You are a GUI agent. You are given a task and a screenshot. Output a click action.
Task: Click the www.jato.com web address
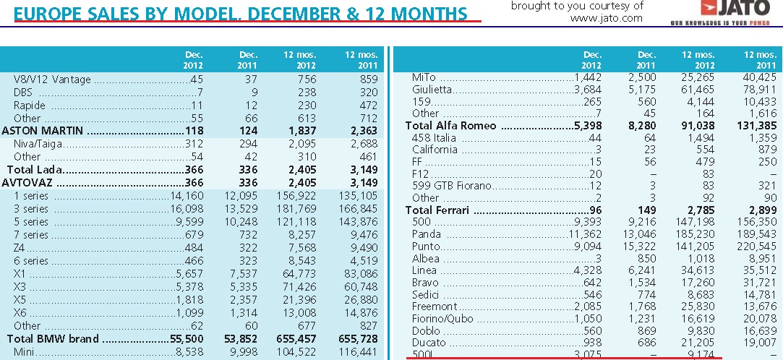click(x=606, y=19)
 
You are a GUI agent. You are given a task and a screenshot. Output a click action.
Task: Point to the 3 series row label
click(x=30, y=209)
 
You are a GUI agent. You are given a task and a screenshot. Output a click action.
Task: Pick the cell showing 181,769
click(x=297, y=209)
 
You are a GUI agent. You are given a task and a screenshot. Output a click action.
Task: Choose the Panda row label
click(x=427, y=234)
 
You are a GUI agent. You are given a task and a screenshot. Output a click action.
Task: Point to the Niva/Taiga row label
click(x=37, y=144)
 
